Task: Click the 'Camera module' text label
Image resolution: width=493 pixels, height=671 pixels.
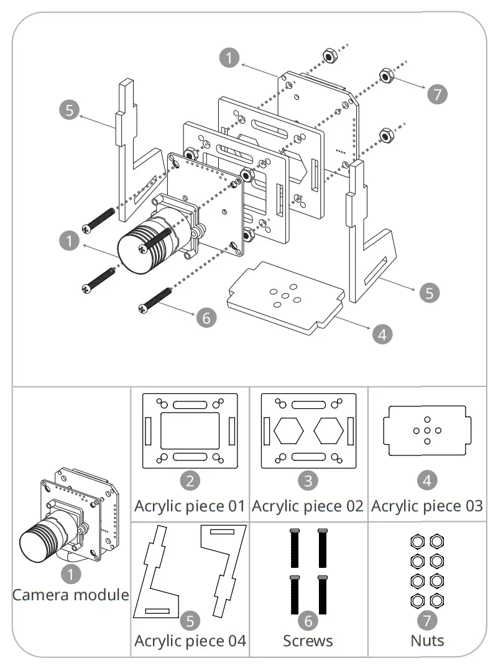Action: pos(71,595)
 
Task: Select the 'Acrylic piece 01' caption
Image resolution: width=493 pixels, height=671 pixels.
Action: pos(190,506)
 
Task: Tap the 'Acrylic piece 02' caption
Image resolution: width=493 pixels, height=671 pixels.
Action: pos(308,506)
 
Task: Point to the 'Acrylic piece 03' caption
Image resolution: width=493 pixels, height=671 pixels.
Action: pos(427,506)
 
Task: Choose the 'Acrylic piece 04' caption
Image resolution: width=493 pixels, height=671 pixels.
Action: pos(190,640)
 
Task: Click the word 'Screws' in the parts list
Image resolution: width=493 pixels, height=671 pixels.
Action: pos(308,640)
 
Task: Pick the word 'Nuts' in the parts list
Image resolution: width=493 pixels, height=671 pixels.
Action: pos(427,640)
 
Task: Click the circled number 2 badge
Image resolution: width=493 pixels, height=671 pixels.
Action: pos(190,480)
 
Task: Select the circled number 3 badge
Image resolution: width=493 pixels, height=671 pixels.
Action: pos(308,480)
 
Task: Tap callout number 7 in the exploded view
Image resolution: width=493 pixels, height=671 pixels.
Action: pos(437,94)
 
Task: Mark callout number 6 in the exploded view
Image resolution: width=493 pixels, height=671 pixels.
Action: pos(206,317)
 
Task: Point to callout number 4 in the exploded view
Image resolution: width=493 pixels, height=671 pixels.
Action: pos(382,334)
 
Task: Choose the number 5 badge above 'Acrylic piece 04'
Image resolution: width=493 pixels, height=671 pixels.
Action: pos(190,620)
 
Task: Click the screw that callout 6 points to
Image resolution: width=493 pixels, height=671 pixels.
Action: pos(155,299)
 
